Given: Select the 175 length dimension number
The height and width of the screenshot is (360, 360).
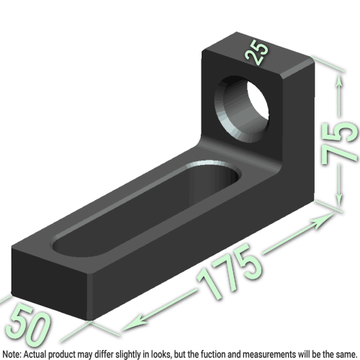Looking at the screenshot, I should [x=232, y=271].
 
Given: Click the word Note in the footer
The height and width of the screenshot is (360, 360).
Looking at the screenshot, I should [x=12, y=354].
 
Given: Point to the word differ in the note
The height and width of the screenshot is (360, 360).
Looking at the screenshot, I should [x=107, y=354].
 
